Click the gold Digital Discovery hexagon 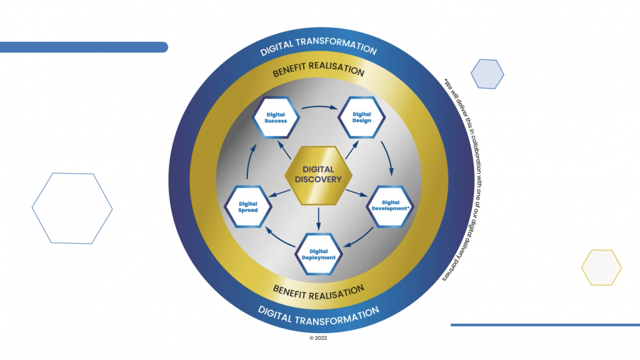[319, 175]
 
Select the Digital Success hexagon [277, 118]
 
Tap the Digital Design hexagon [362, 118]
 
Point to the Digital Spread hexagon [248, 207]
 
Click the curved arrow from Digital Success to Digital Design [319, 106]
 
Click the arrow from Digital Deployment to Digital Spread [278, 237]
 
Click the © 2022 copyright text [318, 338]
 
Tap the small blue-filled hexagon [487, 74]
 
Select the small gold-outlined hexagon [601, 267]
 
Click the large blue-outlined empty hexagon [72, 208]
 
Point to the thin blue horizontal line [545, 325]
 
